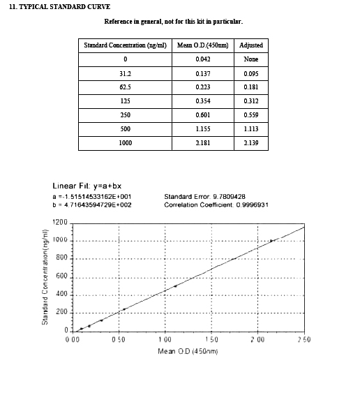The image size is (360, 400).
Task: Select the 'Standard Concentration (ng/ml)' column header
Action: [125, 45]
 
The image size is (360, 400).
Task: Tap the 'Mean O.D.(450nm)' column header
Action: [202, 45]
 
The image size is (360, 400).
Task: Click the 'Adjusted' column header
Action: [251, 45]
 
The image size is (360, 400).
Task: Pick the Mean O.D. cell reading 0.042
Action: [202, 59]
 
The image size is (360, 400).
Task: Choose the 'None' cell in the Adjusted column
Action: [251, 59]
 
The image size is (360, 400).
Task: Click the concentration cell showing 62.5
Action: [125, 87]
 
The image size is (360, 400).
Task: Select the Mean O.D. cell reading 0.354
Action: [202, 101]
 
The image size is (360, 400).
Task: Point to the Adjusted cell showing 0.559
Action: [251, 115]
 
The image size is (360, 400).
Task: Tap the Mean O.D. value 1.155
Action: [202, 129]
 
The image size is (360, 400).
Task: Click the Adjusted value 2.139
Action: [251, 143]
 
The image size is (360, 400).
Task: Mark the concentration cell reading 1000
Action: [125, 143]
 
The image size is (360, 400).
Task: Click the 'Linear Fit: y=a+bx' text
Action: [81, 186]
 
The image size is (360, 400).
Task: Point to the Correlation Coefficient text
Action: [216, 205]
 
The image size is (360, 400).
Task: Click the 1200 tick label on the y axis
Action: [60, 223]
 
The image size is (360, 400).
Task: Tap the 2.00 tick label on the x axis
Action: [257, 339]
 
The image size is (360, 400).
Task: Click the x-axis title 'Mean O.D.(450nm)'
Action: [188, 350]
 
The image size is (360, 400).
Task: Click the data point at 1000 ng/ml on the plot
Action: [271, 241]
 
